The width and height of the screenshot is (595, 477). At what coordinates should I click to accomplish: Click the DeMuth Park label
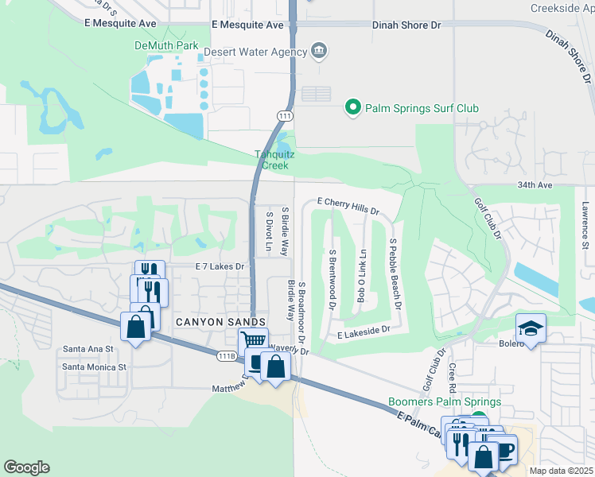[x=165, y=45]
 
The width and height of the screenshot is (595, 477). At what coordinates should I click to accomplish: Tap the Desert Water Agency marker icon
[x=319, y=52]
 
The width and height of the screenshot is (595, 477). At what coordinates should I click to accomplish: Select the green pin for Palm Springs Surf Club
[x=353, y=107]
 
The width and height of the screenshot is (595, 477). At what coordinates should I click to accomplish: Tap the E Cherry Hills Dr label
[x=348, y=206]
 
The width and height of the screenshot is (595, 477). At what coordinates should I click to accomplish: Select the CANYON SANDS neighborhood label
[x=220, y=321]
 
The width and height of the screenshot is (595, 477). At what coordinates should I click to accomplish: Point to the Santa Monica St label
[x=95, y=367]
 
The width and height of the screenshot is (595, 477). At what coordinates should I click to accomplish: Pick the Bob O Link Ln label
[x=361, y=275]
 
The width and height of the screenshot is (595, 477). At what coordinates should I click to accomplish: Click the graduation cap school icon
[x=529, y=328]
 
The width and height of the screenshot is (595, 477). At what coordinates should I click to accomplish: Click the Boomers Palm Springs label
[x=444, y=402]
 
